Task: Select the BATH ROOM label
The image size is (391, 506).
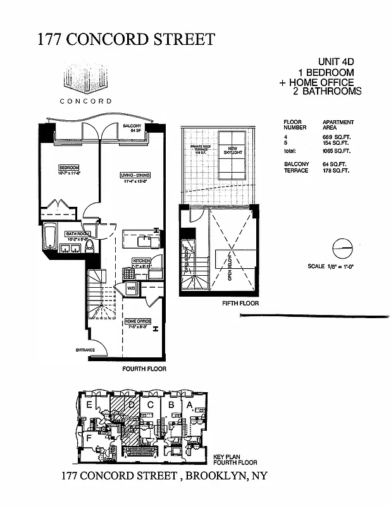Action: point(78,234)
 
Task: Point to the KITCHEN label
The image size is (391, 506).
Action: point(140,261)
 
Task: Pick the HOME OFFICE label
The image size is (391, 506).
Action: point(137,321)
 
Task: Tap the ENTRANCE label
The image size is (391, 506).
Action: point(85,350)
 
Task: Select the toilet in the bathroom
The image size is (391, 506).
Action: point(89,246)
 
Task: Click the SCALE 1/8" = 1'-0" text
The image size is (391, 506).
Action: point(330,266)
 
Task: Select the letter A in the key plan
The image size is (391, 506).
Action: point(189,405)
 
